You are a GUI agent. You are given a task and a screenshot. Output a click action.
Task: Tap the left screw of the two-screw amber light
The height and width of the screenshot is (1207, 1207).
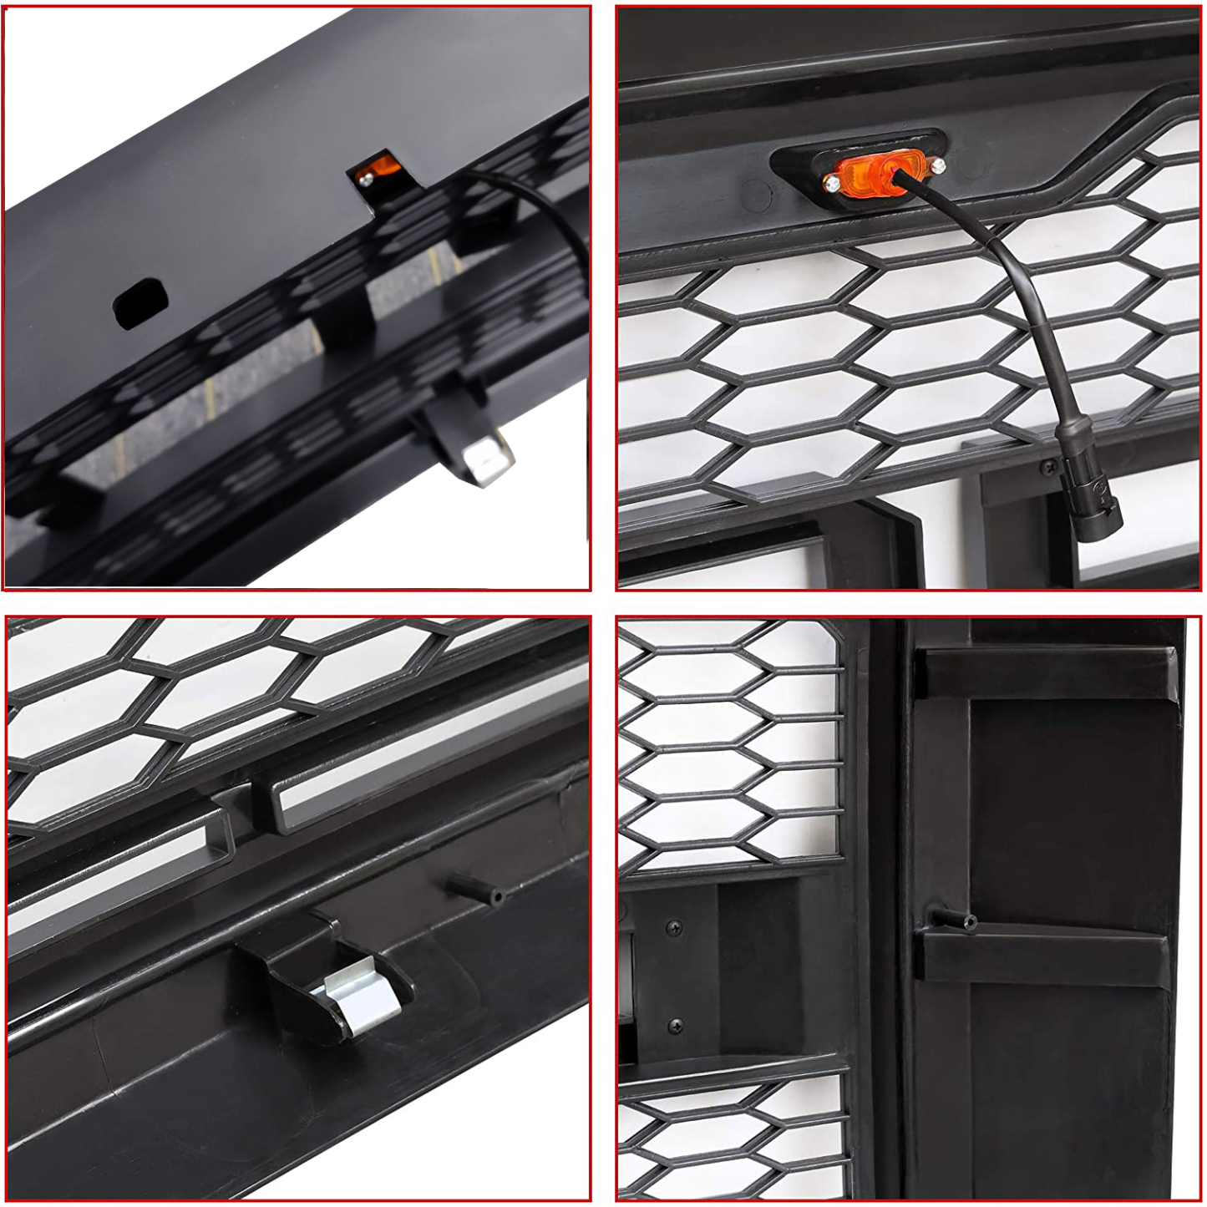click(832, 184)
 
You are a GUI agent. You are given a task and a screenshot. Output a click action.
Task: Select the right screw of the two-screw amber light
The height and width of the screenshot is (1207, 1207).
click(938, 165)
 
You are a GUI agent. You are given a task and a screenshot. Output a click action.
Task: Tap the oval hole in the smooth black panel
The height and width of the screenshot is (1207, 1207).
click(139, 302)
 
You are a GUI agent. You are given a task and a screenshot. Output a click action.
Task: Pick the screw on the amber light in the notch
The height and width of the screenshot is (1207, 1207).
click(365, 178)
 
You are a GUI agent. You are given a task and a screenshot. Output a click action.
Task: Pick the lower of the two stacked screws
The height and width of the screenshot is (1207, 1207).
click(675, 1026)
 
